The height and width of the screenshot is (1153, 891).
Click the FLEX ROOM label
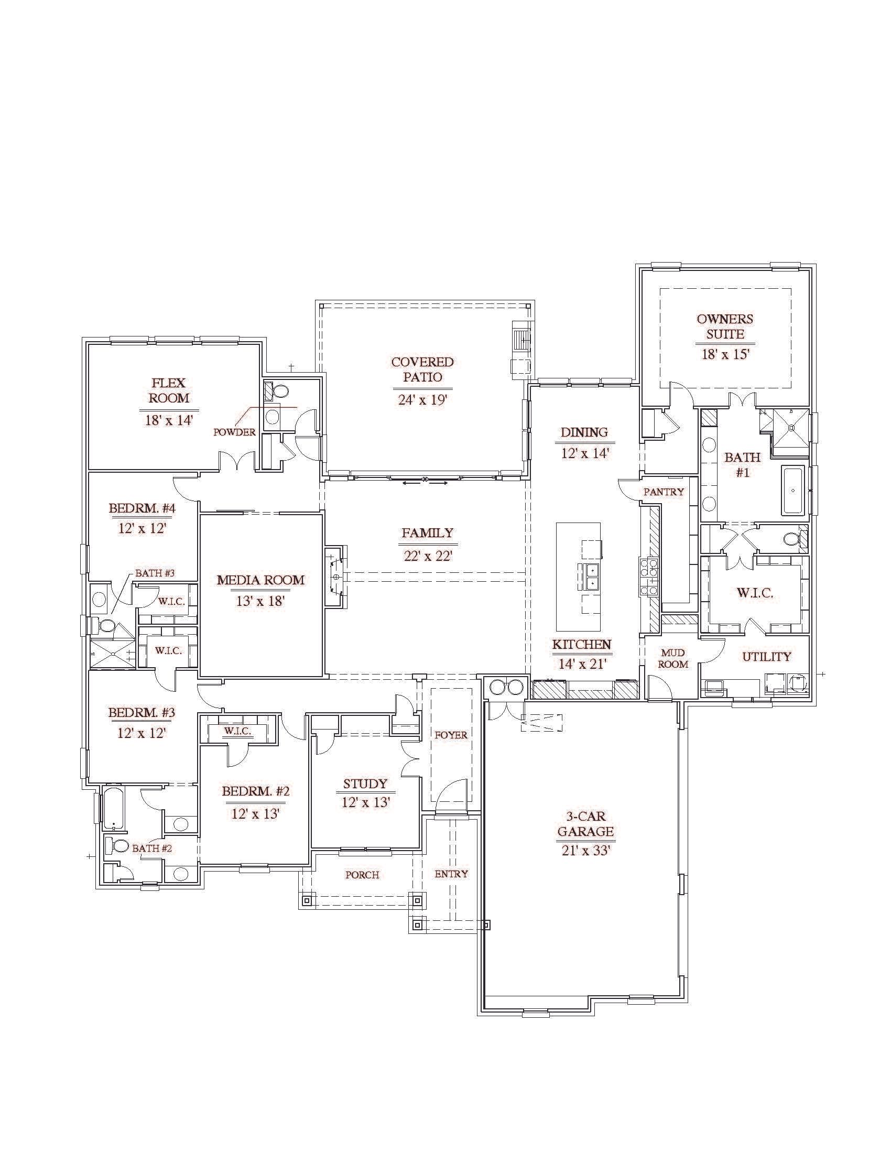168,390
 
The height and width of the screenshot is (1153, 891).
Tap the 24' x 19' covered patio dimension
422,400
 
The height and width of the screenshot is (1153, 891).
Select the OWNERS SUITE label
725,327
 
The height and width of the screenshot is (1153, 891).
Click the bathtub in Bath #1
793,491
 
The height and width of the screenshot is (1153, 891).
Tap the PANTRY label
664,492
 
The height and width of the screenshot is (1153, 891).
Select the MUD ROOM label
673,658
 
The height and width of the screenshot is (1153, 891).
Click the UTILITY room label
766,656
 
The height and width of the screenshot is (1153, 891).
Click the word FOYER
451,734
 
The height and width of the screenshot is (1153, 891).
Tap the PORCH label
362,875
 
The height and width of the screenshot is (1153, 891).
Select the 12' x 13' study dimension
365,802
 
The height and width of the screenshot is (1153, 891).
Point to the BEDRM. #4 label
142,508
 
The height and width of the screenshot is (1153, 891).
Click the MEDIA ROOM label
261,580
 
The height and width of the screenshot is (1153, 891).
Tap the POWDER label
234,432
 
